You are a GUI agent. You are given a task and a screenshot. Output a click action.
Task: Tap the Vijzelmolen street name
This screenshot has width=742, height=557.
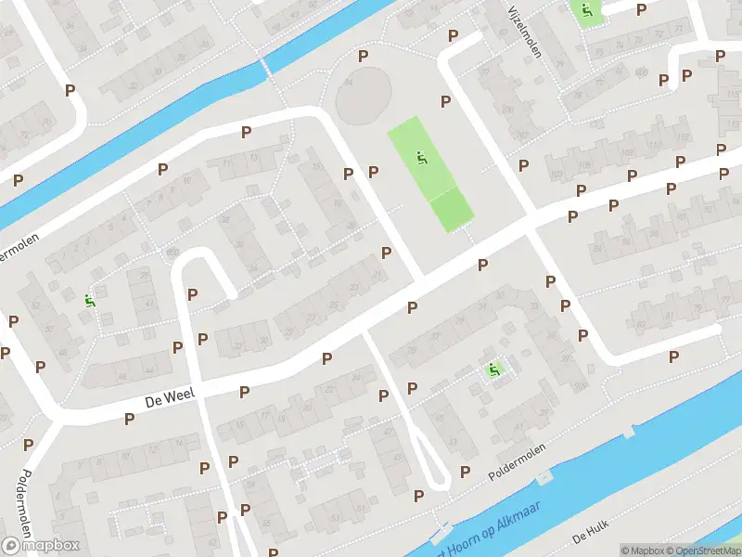click(x=525, y=30)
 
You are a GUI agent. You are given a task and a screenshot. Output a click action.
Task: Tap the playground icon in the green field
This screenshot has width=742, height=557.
click(x=422, y=159)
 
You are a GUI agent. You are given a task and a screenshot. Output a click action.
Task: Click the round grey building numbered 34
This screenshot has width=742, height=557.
click(x=364, y=96)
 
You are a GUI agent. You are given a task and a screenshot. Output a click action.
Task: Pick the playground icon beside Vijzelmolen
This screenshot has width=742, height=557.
click(x=585, y=11)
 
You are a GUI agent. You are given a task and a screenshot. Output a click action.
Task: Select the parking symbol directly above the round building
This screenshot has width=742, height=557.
click(x=363, y=56)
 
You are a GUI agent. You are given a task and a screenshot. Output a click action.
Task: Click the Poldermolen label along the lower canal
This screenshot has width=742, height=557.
click(x=516, y=461)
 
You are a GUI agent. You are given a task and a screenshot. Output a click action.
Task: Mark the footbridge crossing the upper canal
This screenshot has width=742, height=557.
click(x=264, y=66)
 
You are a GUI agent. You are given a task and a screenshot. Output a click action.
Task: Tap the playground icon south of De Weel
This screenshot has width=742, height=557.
click(x=494, y=370)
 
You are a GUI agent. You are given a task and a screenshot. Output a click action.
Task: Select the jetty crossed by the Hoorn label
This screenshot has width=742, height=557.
click(x=439, y=532)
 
